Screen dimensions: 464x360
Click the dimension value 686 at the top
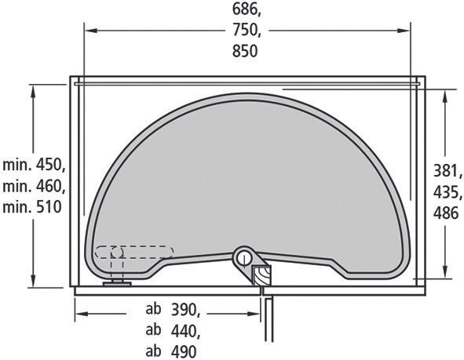point(245,9)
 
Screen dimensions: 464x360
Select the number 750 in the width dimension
point(245,30)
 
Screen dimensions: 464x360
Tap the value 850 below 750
point(245,51)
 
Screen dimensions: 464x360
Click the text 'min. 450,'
point(34,165)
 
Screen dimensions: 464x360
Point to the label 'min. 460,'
point(34,186)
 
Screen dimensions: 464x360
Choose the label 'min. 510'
point(32,207)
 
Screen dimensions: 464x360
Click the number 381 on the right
point(446,170)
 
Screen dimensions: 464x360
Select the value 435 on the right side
point(446,192)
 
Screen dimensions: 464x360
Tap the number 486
point(446,213)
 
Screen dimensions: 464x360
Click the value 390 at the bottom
point(184,310)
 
